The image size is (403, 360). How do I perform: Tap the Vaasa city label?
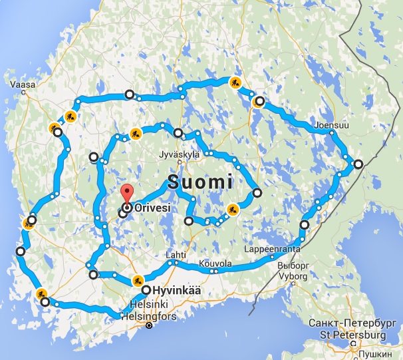click(x=22, y=85)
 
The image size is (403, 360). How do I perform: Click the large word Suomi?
click(x=200, y=181)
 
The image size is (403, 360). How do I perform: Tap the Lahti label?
click(x=176, y=255)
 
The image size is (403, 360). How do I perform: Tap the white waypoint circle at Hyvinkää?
click(x=146, y=290)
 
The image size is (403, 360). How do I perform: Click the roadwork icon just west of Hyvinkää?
click(x=138, y=280)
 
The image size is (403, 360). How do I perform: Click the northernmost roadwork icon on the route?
click(x=235, y=83)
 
